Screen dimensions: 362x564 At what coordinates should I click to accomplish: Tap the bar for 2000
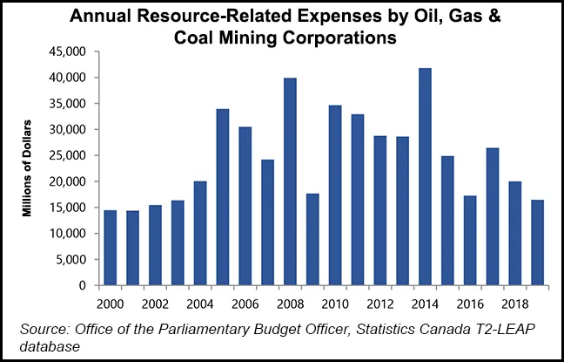[x=110, y=248]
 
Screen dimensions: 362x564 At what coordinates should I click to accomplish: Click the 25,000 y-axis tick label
[x=69, y=156]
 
